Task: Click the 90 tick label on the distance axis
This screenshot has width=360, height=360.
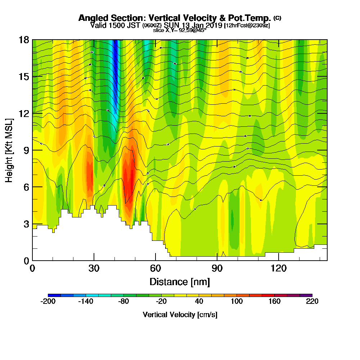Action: pyautogui.click(x=217, y=268)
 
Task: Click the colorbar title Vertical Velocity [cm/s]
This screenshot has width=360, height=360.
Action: pyautogui.click(x=180, y=315)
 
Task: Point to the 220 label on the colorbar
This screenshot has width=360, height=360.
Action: pyautogui.click(x=312, y=301)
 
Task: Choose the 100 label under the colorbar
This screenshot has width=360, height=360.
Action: pyautogui.click(x=237, y=301)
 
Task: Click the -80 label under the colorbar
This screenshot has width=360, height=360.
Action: pyautogui.click(x=123, y=301)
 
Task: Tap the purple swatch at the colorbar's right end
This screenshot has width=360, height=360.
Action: pyautogui.click(x=309, y=295)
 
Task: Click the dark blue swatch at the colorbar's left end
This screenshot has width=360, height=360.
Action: pyautogui.click(x=51, y=295)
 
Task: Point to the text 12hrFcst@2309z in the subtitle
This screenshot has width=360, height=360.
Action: pyautogui.click(x=247, y=26)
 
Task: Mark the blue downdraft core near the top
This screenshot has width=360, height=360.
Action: pyautogui.click(x=115, y=65)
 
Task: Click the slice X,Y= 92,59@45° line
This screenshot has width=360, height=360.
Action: pyautogui.click(x=180, y=30)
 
